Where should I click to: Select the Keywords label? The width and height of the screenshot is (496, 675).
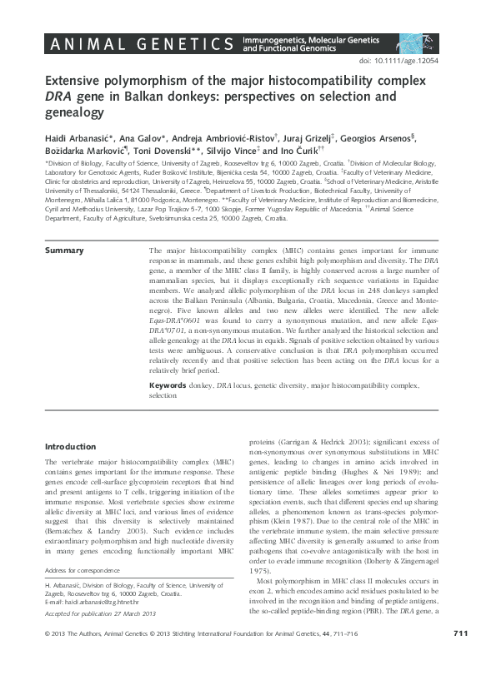tap(172, 386)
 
